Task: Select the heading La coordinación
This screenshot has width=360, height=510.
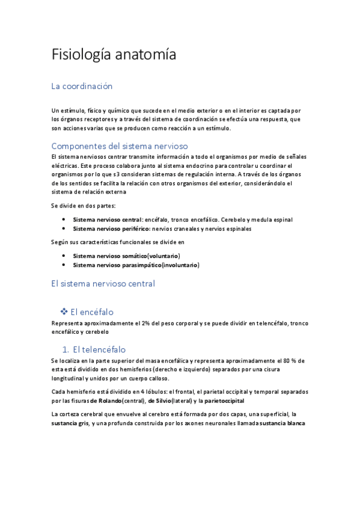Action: [82, 86]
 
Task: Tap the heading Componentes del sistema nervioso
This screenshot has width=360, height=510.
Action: [120, 146]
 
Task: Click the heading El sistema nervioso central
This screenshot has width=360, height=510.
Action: [103, 283]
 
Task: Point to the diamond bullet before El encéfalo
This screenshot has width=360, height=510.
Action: [64, 312]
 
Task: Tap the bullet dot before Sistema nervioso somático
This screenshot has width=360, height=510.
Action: [64, 256]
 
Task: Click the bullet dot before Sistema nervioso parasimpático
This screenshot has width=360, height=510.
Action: [64, 265]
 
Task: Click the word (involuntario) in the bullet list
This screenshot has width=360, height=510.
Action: [179, 265]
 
